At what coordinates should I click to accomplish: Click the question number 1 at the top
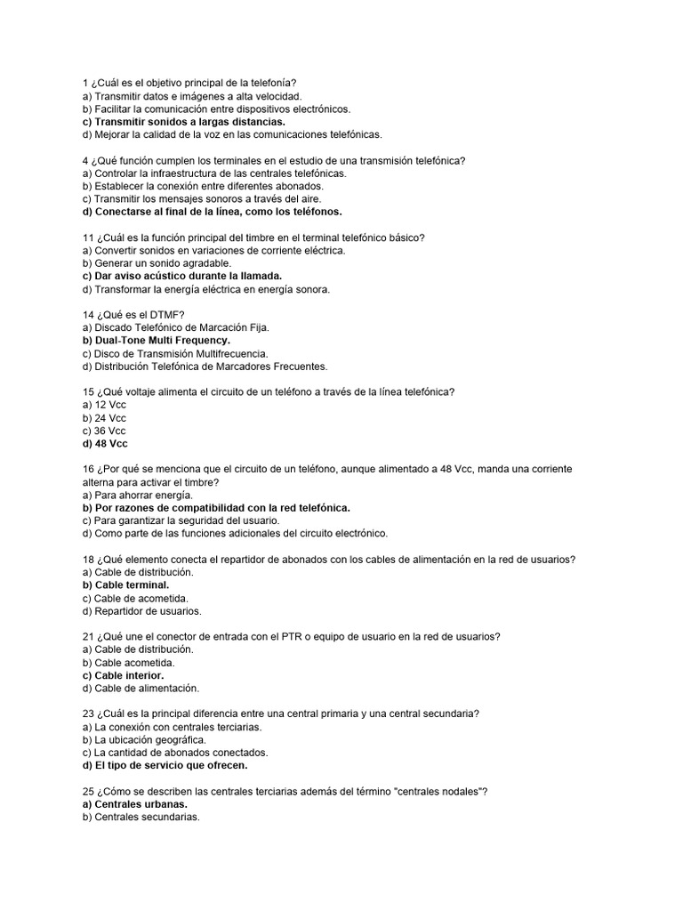84,83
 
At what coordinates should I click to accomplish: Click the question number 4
84,160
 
